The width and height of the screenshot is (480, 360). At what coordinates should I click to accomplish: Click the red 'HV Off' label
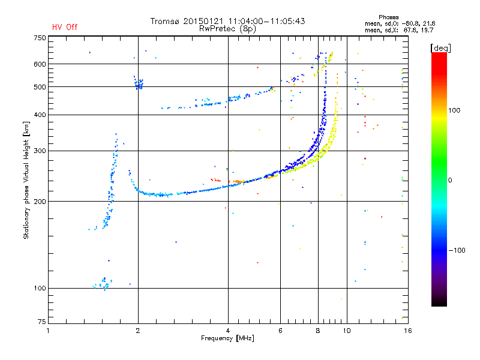click(65, 27)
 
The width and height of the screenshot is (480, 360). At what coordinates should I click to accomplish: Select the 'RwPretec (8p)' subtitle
click(227, 29)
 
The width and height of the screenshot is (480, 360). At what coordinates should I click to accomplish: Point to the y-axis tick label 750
click(40, 38)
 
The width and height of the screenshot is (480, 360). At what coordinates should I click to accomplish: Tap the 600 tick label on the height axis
click(40, 64)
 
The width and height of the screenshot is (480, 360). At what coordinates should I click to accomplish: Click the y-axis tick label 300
click(40, 151)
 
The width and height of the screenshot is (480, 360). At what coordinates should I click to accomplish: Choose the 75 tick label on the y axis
click(42, 322)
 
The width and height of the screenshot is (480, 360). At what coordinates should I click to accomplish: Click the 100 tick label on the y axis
click(40, 288)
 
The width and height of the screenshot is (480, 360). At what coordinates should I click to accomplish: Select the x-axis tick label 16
click(408, 331)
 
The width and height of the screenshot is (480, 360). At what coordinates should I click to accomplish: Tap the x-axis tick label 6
click(280, 331)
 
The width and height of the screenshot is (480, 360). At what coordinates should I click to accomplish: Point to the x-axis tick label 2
click(138, 331)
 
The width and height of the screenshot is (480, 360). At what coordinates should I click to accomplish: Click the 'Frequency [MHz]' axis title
click(227, 338)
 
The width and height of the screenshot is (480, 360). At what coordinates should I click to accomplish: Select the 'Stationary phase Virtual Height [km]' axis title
click(26, 180)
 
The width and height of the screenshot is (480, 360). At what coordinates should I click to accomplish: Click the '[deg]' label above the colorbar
click(440, 48)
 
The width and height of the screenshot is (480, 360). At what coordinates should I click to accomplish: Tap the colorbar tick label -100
click(457, 250)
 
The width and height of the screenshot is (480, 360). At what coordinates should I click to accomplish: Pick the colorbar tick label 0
click(450, 181)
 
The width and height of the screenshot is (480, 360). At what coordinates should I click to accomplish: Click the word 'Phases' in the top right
click(388, 17)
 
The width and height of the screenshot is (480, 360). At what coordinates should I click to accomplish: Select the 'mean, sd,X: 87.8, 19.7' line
click(399, 31)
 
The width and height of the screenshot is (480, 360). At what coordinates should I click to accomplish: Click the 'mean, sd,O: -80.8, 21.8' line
click(400, 23)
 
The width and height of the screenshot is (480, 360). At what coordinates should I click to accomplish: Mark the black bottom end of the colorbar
click(439, 305)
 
